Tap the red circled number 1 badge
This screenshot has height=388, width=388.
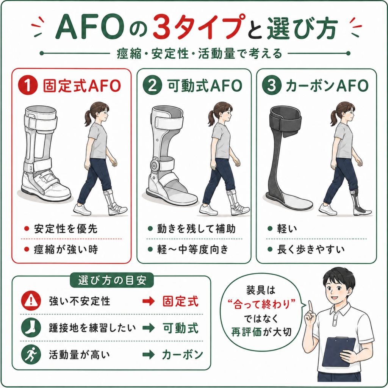28,85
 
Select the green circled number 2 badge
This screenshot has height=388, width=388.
152,85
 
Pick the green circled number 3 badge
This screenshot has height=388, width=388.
272,85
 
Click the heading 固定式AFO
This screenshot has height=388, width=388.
82,86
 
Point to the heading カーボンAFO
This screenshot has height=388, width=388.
327,86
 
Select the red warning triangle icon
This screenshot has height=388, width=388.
31,300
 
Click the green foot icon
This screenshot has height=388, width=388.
31,327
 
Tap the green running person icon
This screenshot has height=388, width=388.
31,354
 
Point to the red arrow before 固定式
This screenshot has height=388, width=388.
149,301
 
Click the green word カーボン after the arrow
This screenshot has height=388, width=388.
183,355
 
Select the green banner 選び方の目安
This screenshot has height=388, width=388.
112,280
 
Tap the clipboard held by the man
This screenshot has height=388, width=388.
339,351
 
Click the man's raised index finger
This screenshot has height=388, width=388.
310,307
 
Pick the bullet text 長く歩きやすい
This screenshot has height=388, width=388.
311,249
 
